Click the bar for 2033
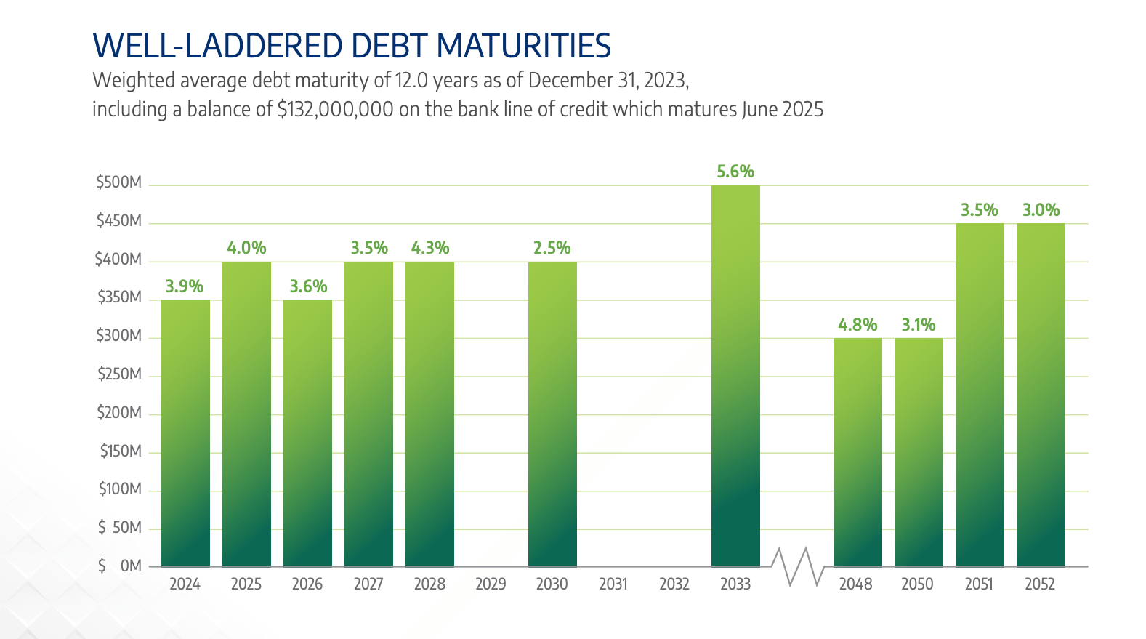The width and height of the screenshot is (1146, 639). [735, 376]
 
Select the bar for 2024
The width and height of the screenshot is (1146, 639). [185, 433]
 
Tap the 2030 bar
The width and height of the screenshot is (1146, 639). [552, 414]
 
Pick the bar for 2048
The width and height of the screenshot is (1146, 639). [858, 452]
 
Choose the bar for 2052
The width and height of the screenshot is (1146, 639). [1041, 395]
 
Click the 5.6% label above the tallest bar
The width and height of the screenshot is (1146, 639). [735, 172]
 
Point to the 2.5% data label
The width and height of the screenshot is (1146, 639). [552, 248]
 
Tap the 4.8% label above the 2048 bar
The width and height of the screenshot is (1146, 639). [858, 325]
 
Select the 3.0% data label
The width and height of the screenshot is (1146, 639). [1041, 210]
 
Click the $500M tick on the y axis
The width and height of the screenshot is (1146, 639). [119, 182]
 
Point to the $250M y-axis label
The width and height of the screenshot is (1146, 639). [119, 374]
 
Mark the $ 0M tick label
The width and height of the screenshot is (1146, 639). [120, 566]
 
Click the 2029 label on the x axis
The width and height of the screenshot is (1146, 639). [491, 584]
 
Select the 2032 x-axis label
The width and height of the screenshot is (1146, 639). [674, 584]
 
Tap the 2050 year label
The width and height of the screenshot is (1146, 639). [917, 584]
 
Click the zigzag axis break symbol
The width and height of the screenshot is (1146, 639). [797, 566]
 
